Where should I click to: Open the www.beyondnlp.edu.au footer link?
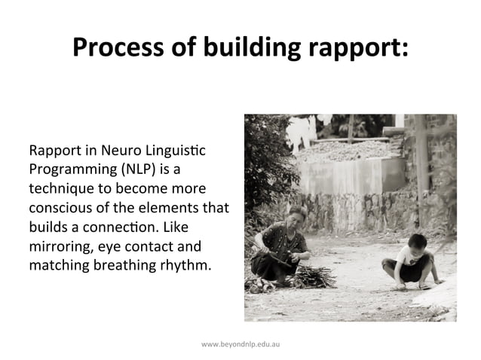[240, 343]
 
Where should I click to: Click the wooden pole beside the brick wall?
[421, 162]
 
